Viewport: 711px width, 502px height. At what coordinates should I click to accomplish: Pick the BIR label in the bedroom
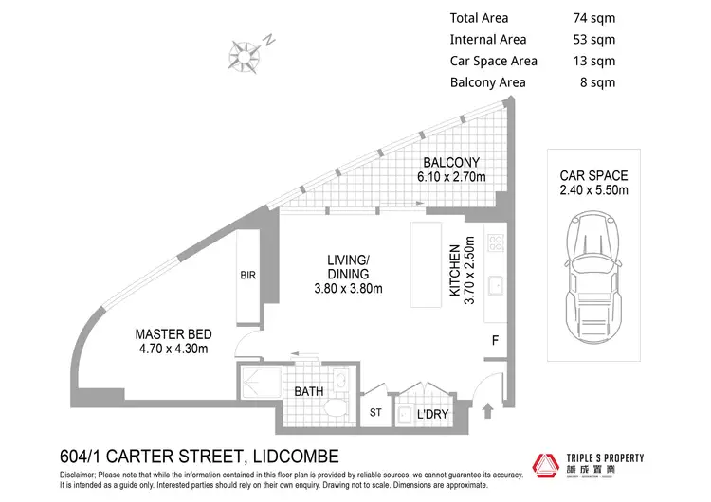[x=248, y=277]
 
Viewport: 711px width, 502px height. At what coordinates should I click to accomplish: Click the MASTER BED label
[x=173, y=333]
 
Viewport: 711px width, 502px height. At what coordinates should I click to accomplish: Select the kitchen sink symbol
[x=494, y=283]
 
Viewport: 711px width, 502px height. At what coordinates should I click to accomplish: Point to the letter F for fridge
[x=495, y=339]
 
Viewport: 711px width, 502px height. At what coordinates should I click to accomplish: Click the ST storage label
[x=375, y=413]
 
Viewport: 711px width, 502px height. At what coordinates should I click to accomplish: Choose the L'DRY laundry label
[x=431, y=415]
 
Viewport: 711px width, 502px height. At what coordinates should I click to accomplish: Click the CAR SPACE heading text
[x=594, y=176]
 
